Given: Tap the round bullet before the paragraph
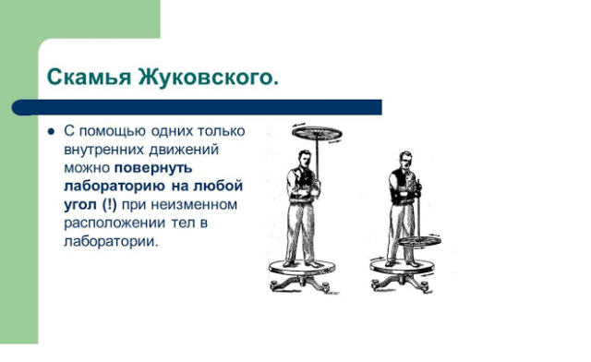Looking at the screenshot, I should [52, 131].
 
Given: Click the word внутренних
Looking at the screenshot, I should [107, 150].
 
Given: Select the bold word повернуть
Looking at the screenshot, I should [153, 168].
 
